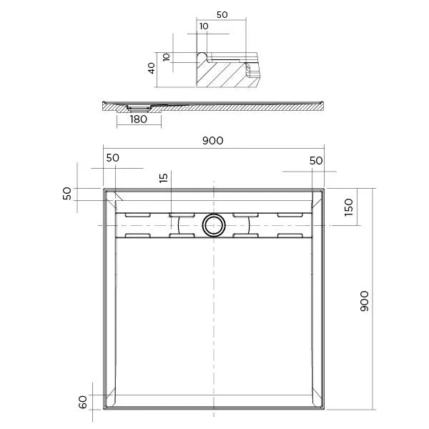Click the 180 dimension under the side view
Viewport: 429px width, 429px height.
[139, 119]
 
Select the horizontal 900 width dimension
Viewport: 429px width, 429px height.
[212, 141]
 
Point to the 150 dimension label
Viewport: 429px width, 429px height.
[349, 207]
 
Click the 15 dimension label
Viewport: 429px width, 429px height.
[164, 178]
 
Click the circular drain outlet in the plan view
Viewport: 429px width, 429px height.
[212, 225]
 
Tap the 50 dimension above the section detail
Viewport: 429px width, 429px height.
[222, 14]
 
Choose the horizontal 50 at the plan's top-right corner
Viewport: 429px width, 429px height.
[315, 161]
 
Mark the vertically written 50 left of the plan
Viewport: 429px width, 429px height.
[68, 194]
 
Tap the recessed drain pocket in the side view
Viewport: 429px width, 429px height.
[137, 107]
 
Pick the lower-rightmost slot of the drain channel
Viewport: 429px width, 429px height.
[290, 235]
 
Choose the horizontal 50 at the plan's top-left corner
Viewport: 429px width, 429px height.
[113, 158]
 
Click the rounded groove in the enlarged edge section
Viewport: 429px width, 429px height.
[203, 56]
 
